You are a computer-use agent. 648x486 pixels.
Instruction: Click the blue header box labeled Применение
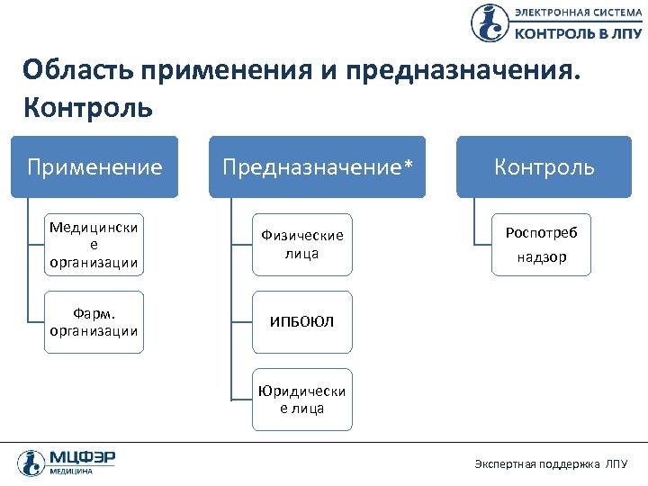coord(94,166)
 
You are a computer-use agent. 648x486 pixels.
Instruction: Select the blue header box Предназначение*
coord(317,166)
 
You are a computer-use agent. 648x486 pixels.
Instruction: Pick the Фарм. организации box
coord(94,321)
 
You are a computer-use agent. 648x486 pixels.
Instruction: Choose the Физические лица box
coord(302,244)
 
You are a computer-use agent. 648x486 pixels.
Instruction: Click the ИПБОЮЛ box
coord(302,321)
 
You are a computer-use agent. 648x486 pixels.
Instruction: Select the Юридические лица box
coord(302,400)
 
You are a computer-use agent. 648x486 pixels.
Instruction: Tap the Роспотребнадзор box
coord(542,244)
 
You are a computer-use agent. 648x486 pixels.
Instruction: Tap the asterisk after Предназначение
coord(408,165)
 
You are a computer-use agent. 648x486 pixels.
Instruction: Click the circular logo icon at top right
coord(490,22)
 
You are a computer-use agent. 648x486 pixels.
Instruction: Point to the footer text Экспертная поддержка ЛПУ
coord(551,463)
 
